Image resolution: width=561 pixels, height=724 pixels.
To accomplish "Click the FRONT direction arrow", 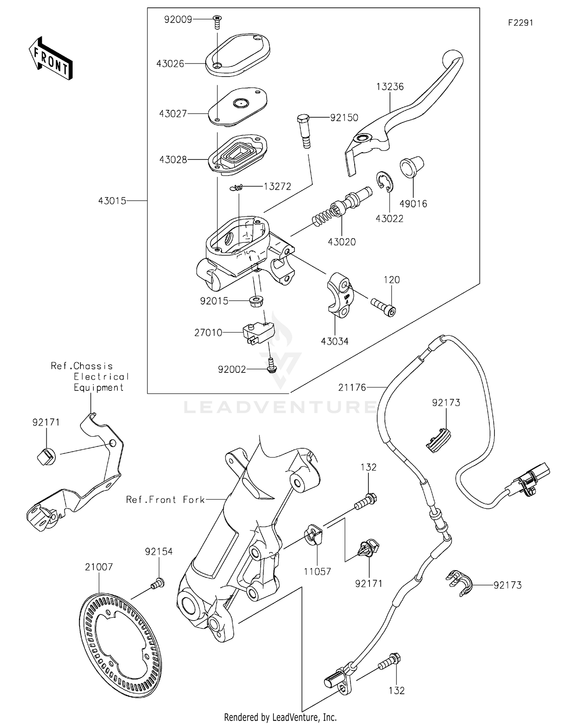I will [50, 59].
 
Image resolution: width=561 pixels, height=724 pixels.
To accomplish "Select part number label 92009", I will [178, 20].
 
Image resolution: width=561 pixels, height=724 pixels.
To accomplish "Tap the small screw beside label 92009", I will [217, 21].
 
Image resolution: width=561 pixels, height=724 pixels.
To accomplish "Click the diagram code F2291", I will [520, 23].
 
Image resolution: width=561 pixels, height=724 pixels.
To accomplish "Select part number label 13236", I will [390, 87].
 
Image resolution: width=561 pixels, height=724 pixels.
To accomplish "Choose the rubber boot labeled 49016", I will [411, 167].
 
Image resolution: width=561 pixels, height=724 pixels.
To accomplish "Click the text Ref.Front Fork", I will [165, 500].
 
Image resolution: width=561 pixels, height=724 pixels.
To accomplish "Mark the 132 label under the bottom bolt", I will [396, 691].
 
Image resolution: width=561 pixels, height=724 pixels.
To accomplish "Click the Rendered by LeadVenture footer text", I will [280, 717].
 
